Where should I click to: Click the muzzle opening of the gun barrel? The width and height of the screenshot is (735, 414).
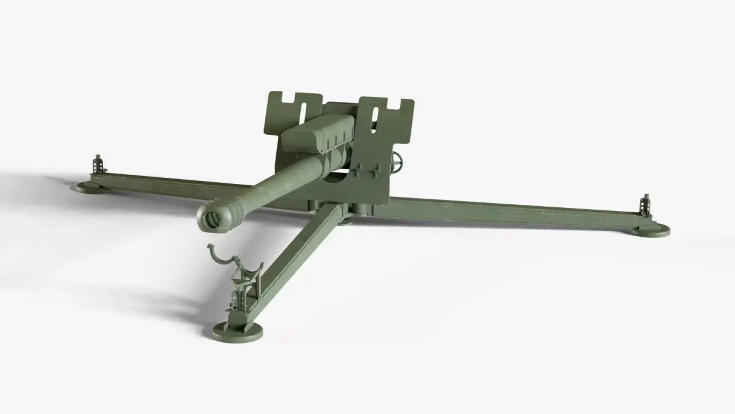(x=214, y=217)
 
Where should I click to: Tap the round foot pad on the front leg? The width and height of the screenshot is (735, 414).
(x=239, y=332)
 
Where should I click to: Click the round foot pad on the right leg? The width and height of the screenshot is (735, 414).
(x=649, y=229)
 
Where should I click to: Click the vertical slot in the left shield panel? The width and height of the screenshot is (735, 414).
(x=304, y=113)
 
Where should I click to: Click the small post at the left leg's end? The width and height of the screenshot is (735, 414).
(x=97, y=165)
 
